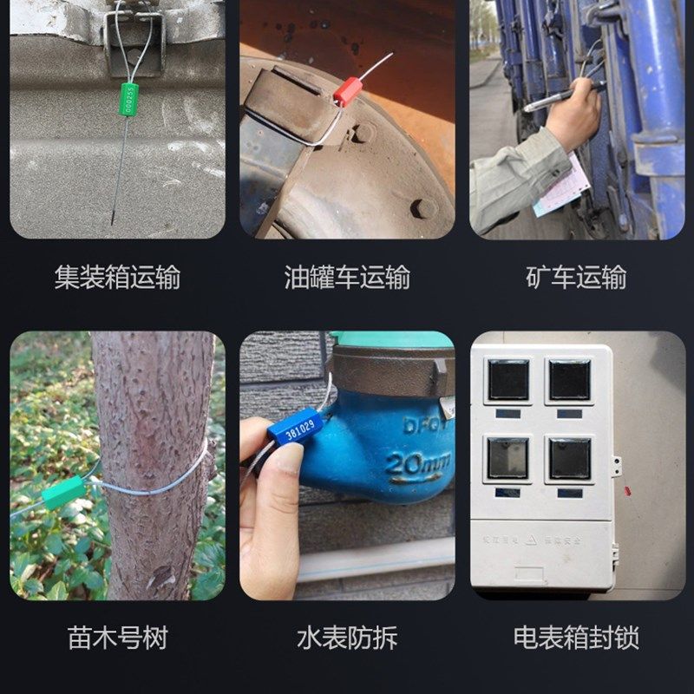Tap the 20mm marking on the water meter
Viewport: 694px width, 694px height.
point(416,462)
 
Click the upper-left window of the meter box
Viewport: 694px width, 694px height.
point(507,380)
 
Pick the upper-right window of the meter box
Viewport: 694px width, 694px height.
point(570,380)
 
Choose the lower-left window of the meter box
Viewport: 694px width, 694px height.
point(507,457)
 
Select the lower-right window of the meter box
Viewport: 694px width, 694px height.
point(570,458)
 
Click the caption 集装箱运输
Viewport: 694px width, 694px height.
point(117,278)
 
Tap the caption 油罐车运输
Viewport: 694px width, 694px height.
point(347,278)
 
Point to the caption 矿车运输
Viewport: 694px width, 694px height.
point(576,278)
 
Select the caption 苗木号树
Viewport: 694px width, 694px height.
point(117,638)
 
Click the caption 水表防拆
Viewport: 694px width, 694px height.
point(347,638)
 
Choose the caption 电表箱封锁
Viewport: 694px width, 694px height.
point(576,638)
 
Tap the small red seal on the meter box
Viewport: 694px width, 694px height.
point(627,491)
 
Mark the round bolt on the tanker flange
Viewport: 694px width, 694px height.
point(423,208)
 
